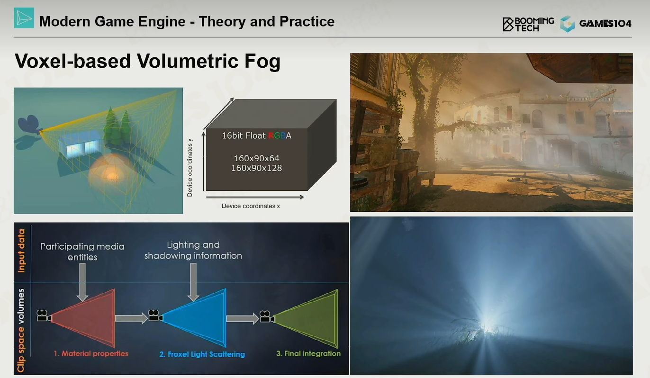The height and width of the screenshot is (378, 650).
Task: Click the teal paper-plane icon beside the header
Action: (x=24, y=18)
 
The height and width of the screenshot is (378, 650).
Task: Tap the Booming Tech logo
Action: (x=528, y=24)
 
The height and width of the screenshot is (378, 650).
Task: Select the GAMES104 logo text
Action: (x=605, y=24)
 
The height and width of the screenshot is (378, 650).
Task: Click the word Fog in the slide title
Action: (x=262, y=61)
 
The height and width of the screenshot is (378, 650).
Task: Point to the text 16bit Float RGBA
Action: (x=256, y=135)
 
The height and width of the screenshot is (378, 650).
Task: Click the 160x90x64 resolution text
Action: (x=256, y=158)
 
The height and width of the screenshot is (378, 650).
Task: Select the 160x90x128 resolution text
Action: (x=256, y=168)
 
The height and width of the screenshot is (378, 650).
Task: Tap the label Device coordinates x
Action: (x=251, y=206)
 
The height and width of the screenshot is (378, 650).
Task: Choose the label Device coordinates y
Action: (x=190, y=168)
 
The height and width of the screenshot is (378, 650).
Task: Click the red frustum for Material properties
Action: (x=87, y=318)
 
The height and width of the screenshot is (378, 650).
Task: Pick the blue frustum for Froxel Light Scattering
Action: (x=197, y=318)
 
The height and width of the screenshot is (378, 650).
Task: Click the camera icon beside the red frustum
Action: (x=44, y=315)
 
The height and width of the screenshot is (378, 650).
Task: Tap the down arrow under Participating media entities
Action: (x=82, y=282)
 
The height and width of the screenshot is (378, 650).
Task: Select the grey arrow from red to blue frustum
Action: (x=131, y=318)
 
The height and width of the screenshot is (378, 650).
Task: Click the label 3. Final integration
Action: (x=308, y=353)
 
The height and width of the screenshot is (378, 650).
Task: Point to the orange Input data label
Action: (x=21, y=251)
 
